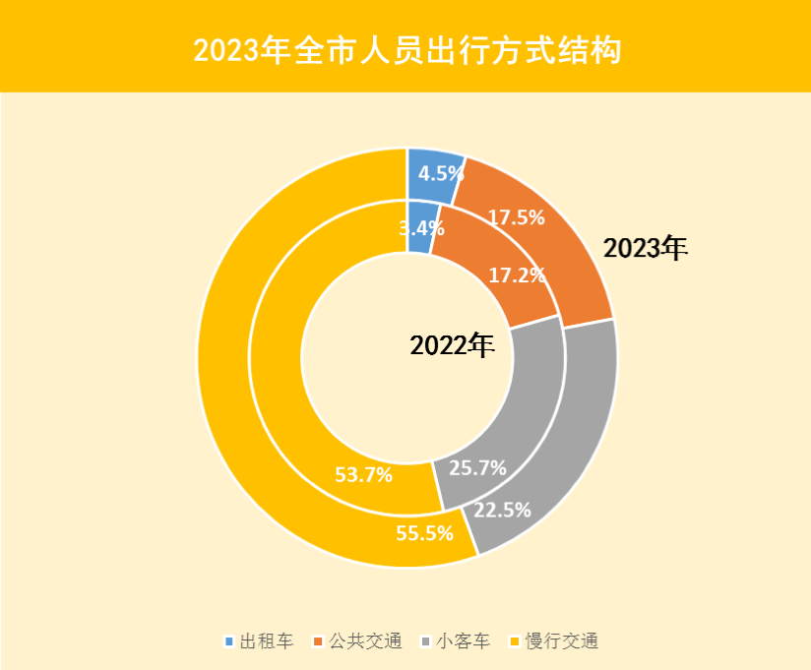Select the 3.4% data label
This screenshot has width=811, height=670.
tap(420, 228)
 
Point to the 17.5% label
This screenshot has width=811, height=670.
tap(516, 217)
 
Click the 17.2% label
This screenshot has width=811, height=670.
tap(517, 275)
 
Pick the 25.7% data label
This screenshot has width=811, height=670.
tap(476, 467)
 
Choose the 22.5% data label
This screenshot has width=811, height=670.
tap(502, 510)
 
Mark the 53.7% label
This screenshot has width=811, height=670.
tap(363, 475)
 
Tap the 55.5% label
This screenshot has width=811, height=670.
tap(424, 533)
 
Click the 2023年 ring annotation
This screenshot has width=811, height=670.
tap(646, 248)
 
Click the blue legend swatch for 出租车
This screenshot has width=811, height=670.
tap(230, 641)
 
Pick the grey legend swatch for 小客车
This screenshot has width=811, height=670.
tap(425, 641)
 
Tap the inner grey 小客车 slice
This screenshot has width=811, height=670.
tap(512, 413)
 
